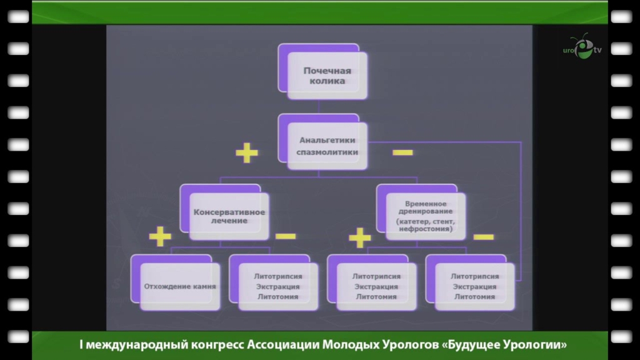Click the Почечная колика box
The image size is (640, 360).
click(327, 76)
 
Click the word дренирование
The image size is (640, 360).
click(425, 212)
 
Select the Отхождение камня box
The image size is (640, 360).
click(180, 287)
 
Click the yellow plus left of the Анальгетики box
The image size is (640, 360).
click(247, 152)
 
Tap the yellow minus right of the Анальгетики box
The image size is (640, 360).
click(402, 152)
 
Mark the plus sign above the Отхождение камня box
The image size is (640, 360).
click(160, 237)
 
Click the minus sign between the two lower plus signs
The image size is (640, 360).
click(286, 236)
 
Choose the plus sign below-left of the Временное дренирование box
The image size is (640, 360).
click(359, 237)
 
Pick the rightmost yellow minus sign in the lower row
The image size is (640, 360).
click(483, 237)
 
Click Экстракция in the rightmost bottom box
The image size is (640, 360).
click(475, 287)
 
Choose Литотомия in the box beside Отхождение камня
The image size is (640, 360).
click(278, 297)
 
